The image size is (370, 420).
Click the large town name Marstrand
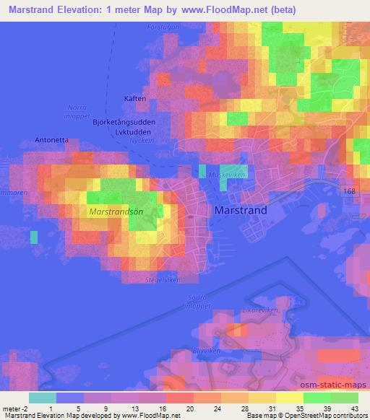241,211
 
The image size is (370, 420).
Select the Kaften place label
136,99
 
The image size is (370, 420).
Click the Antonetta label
51,140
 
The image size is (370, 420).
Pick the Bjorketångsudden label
124,122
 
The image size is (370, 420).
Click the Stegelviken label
162,279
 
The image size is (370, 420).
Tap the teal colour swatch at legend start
43,397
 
